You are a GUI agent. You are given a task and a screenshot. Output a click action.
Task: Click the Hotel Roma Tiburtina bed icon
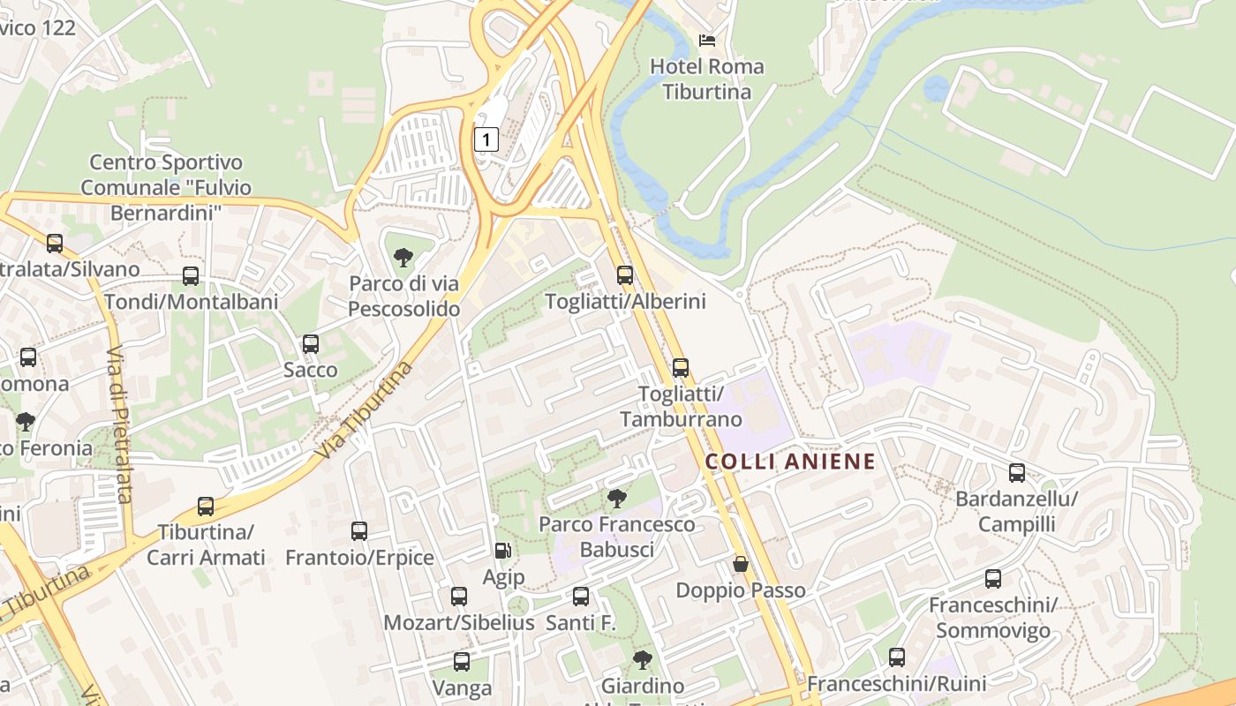706,41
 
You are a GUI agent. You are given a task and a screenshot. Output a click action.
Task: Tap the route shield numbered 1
486,139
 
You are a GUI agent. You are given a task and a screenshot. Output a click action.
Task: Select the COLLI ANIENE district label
790,461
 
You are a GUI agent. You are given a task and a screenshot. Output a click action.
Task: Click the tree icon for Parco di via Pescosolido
403,258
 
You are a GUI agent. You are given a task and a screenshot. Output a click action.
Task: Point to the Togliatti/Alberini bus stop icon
625,275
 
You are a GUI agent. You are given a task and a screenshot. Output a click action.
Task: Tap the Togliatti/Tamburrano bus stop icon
680,368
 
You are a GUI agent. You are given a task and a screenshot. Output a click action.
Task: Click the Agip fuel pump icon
502,551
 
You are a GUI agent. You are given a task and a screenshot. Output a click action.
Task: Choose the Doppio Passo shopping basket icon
741,563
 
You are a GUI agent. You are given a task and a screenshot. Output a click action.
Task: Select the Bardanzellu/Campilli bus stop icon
1017,473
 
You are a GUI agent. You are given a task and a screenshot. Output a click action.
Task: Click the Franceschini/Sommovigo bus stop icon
993,579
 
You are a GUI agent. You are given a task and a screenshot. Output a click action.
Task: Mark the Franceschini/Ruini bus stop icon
897,657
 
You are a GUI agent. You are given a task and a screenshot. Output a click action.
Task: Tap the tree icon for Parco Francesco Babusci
617,499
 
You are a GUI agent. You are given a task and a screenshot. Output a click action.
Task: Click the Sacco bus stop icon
310,344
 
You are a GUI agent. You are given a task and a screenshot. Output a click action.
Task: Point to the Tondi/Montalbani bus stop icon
191,276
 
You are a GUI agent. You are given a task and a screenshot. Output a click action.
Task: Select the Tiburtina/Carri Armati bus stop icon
206,507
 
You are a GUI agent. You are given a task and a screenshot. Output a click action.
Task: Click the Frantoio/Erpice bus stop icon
359,531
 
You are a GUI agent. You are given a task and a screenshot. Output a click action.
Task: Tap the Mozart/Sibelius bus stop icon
459,597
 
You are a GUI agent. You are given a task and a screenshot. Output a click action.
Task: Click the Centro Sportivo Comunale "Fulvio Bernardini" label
166,187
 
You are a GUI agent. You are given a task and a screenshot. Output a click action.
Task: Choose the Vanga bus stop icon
461,662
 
